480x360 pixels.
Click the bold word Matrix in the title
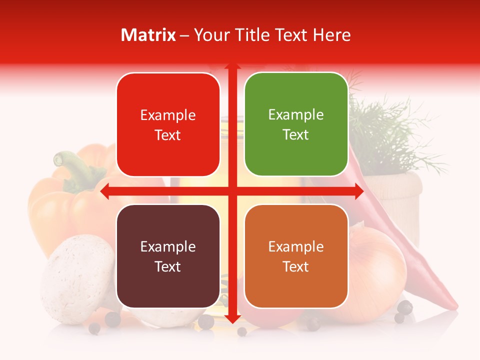pyautogui.click(x=148, y=35)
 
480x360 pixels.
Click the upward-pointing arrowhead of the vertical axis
pyautogui.click(x=232, y=67)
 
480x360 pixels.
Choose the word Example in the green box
pyautogui.click(x=296, y=115)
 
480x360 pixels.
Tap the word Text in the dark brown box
pyautogui.click(x=168, y=266)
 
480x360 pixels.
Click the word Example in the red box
pyautogui.click(x=168, y=115)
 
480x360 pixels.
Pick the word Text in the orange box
pyautogui.click(x=296, y=266)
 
